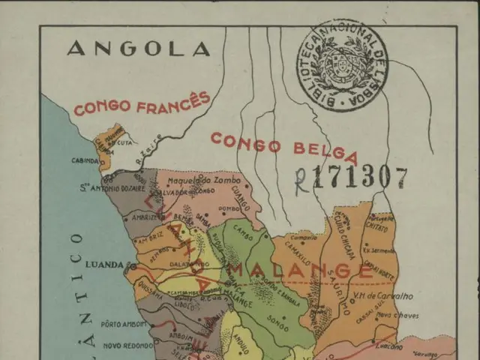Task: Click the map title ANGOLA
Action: click(138, 49)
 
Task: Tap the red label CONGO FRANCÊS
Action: click(141, 104)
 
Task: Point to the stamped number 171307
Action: click(361, 178)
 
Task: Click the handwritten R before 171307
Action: click(301, 181)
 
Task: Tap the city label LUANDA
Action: click(103, 265)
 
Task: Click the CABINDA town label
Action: click(85, 160)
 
